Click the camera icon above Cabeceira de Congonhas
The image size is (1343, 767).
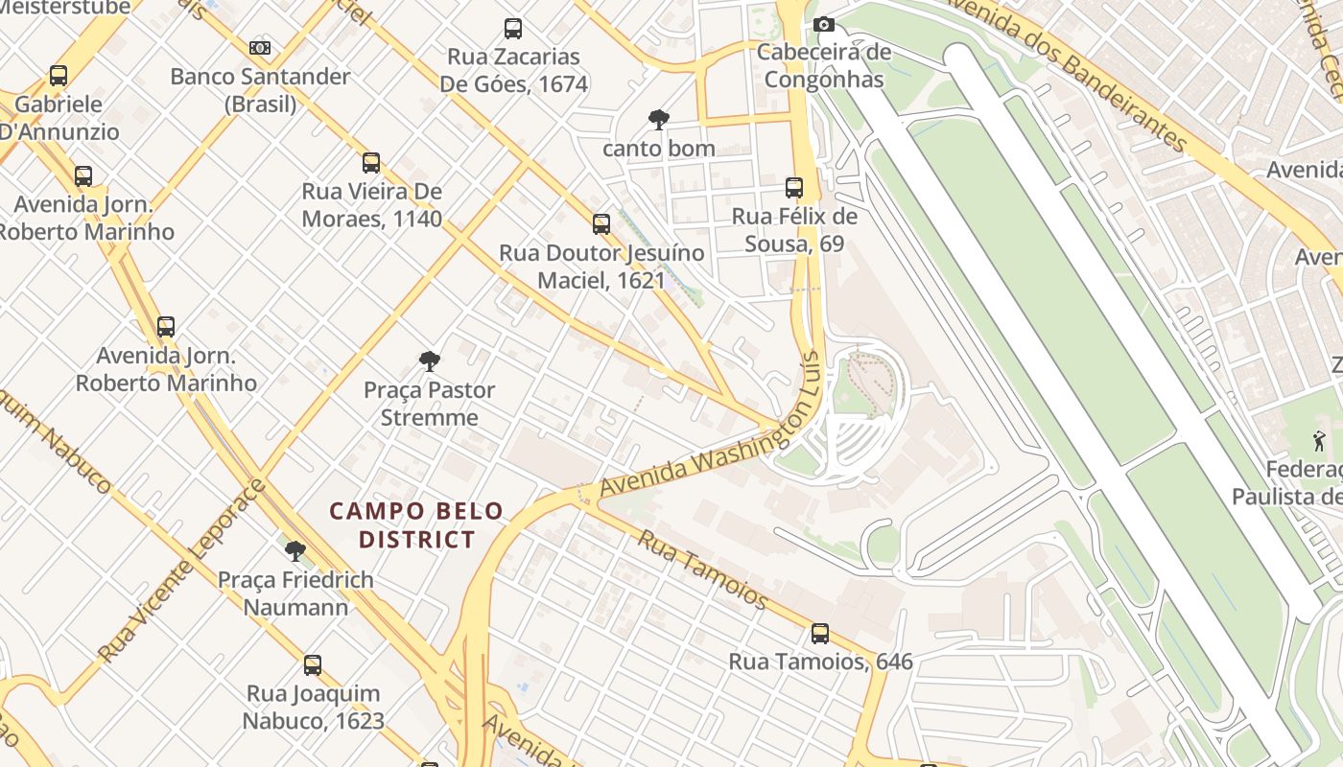pos(823,25)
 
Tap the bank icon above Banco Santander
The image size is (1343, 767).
pos(260,48)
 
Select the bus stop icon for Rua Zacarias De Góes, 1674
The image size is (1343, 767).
pos(513,29)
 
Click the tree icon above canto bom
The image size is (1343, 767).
pos(658,120)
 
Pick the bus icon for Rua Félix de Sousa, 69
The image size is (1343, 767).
pos(793,188)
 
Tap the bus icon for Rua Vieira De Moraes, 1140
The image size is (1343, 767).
pos(371,163)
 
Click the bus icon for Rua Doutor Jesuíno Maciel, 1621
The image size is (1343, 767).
pos(601,224)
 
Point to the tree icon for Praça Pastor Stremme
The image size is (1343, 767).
pos(430,361)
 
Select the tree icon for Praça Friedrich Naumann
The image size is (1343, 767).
pos(295,551)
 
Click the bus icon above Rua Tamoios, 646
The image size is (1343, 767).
pos(820,634)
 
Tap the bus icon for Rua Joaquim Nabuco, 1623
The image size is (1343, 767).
pos(313,665)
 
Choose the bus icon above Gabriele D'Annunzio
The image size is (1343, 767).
pos(59,76)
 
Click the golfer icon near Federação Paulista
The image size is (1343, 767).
pos(1319,442)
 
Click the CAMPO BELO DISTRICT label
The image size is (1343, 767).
pos(416,525)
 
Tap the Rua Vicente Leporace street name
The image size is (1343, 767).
pos(181,570)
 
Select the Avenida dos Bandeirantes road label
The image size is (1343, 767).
pos(1065,72)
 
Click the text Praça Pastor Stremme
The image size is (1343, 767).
pos(430,404)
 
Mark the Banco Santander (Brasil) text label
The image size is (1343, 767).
pos(260,90)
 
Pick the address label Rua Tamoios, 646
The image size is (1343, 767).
pos(820,662)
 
